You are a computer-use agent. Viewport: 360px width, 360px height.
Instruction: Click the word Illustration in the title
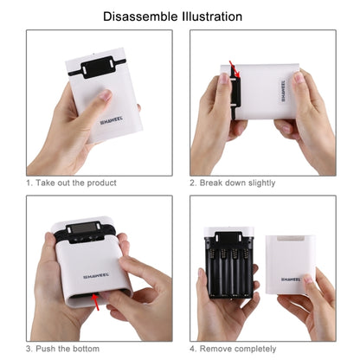point(209,16)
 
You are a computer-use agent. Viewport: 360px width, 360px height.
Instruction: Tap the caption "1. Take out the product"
point(71,183)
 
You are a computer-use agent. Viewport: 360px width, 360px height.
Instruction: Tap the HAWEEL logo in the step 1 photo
point(113,123)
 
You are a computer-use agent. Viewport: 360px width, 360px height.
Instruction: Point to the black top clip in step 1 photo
point(97,66)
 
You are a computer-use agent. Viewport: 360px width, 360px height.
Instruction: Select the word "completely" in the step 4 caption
point(255,348)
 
